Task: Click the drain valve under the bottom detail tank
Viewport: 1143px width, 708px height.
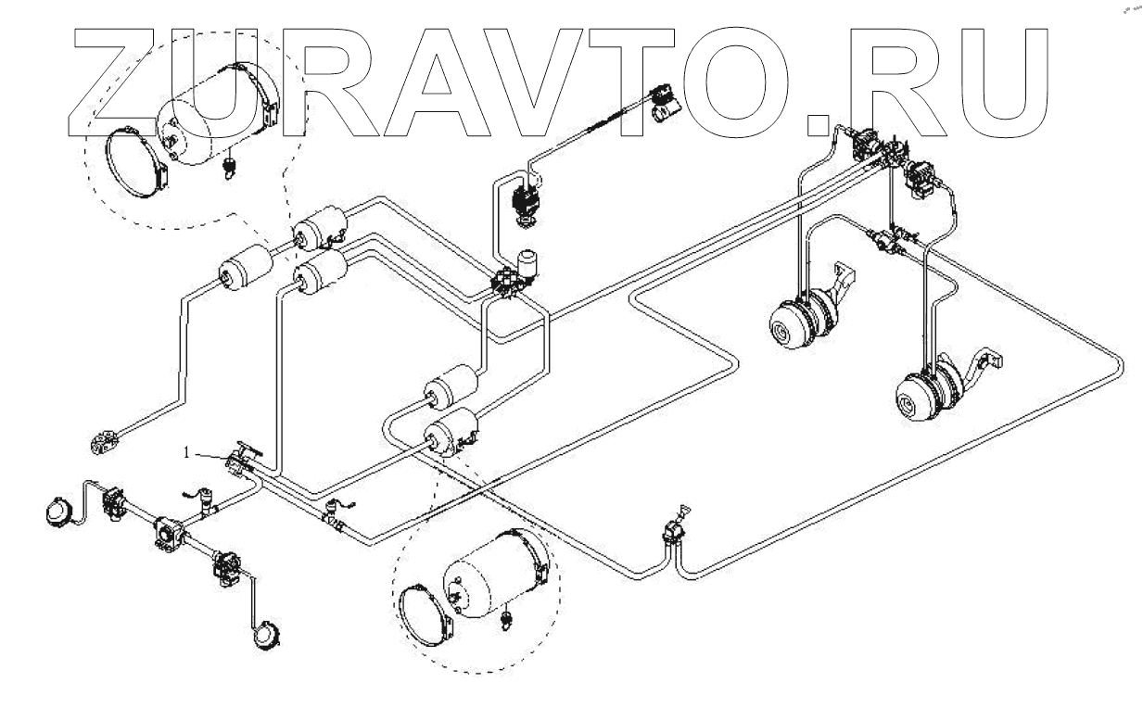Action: tap(507, 618)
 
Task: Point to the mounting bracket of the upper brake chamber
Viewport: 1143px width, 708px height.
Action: tap(844, 278)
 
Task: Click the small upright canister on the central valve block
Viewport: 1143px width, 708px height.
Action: tap(528, 261)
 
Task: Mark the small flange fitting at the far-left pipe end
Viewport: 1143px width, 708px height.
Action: tap(104, 443)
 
